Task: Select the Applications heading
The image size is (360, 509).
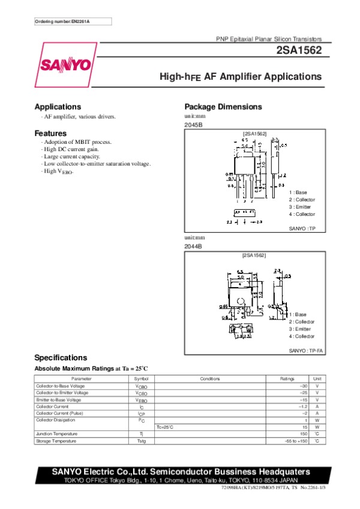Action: coord(58,107)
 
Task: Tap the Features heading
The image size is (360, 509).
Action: coord(50,133)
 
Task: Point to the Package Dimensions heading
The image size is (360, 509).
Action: coord(223,107)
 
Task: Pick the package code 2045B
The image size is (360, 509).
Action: coord(193,125)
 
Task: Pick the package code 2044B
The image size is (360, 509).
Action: coord(193,246)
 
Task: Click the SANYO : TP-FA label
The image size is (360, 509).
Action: coord(306,351)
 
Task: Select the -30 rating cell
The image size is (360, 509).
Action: coord(302,386)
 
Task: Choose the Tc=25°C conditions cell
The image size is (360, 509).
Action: coord(165,427)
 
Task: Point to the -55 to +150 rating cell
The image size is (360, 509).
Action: coord(296,441)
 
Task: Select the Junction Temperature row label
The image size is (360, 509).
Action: coord(56,434)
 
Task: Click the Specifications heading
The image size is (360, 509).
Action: coord(61,357)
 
